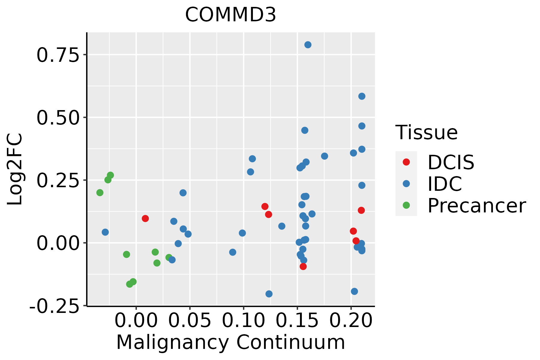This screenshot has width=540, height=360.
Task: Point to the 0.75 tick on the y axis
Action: click(x=57, y=55)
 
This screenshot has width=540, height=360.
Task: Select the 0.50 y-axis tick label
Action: click(x=57, y=118)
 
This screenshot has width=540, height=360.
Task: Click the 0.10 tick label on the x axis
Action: click(x=244, y=321)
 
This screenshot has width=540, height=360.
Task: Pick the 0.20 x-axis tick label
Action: click(x=351, y=321)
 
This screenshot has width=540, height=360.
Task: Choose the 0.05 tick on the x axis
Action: click(x=190, y=321)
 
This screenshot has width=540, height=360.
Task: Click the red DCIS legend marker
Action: click(x=406, y=162)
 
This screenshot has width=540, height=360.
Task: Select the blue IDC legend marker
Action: click(x=406, y=184)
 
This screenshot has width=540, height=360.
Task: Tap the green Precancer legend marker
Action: click(x=406, y=205)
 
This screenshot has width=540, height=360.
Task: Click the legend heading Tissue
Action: click(x=426, y=132)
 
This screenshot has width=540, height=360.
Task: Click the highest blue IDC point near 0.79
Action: click(x=308, y=45)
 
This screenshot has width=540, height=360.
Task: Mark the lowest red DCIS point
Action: click(x=303, y=266)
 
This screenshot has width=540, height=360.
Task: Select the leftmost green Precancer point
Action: click(x=100, y=193)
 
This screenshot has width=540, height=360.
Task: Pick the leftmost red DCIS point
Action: click(x=145, y=218)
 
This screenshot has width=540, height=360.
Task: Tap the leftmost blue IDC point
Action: click(x=105, y=232)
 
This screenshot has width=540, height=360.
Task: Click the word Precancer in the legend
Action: click(x=476, y=206)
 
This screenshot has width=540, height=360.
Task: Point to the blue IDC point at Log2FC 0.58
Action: click(x=362, y=96)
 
